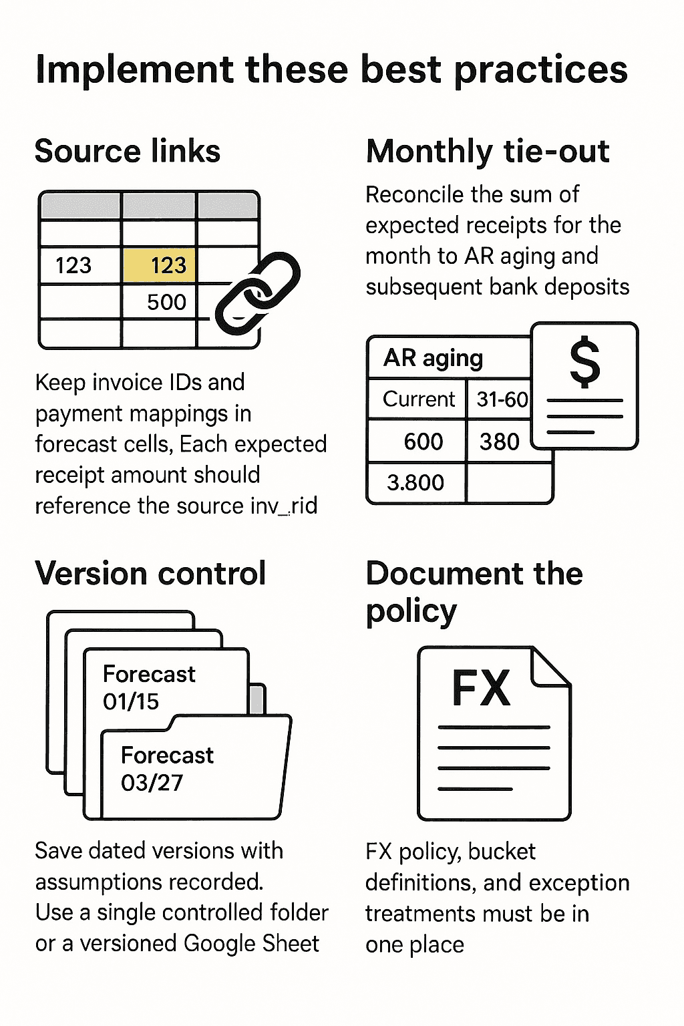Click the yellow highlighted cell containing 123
pos(160,265)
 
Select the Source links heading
pos(128,151)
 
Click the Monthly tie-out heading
pos(488,151)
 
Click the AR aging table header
pos(433,358)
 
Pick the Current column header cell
pos(418,399)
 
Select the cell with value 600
pos(423,442)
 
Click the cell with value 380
pos(500,442)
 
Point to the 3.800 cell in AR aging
pos(415,482)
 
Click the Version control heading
pos(150,573)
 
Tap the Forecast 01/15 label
pos(149,687)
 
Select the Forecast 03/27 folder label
pos(167,768)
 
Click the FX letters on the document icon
pos(481,688)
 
